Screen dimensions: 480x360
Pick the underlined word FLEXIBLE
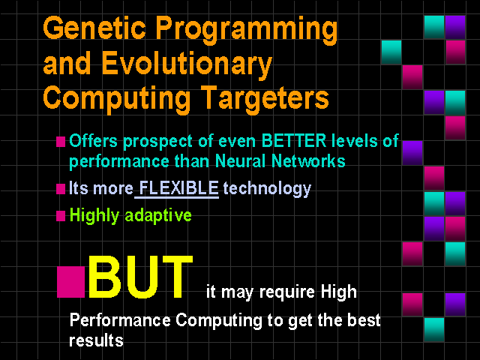point(178,187)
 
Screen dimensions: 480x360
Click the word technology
point(267,189)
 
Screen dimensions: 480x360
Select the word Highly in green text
point(94,215)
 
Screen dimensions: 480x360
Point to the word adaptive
point(158,215)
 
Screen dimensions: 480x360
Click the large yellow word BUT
point(140,277)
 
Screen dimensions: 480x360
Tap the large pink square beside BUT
point(70,282)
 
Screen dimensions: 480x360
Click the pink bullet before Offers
point(61,142)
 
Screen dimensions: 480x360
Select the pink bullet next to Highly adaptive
point(61,216)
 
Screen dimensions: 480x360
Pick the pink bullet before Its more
point(61,189)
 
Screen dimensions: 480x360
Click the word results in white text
point(96,340)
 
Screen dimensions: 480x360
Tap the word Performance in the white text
point(120,320)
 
